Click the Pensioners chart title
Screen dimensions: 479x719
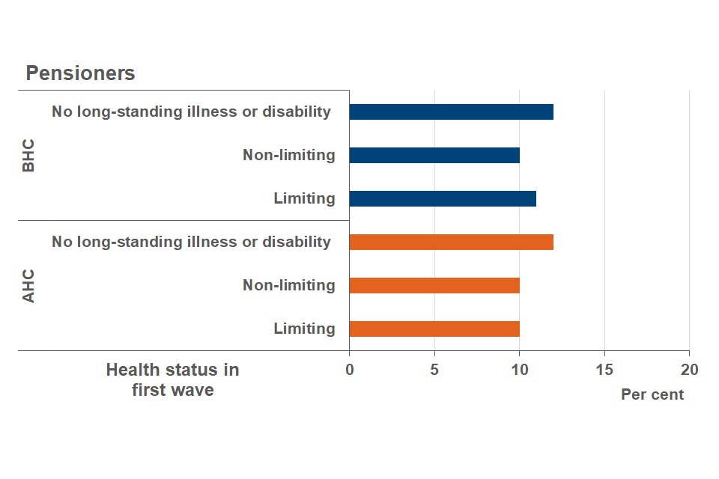tap(80, 73)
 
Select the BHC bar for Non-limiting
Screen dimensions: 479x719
tap(434, 156)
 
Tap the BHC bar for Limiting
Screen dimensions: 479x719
tap(443, 199)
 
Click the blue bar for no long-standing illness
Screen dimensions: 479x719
tap(451, 112)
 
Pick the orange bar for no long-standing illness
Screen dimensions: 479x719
tap(451, 242)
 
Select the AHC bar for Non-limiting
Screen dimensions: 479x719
tap(434, 286)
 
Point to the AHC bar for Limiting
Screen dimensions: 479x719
tap(434, 329)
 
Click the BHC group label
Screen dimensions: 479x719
tap(28, 156)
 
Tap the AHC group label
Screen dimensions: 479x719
tap(28, 286)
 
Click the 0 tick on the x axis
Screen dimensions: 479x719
tap(349, 370)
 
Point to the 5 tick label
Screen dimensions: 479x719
tap(434, 370)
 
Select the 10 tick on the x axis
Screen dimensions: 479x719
tap(519, 370)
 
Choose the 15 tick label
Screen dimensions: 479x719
tap(604, 370)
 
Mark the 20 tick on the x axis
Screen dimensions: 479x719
tap(689, 370)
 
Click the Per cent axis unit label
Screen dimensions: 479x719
tap(652, 394)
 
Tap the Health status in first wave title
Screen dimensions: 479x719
tap(172, 379)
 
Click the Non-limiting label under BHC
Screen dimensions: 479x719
tap(288, 156)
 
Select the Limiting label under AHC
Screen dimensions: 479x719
tap(304, 329)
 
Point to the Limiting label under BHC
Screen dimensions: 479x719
tap(304, 199)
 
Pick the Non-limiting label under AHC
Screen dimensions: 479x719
tap(288, 286)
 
